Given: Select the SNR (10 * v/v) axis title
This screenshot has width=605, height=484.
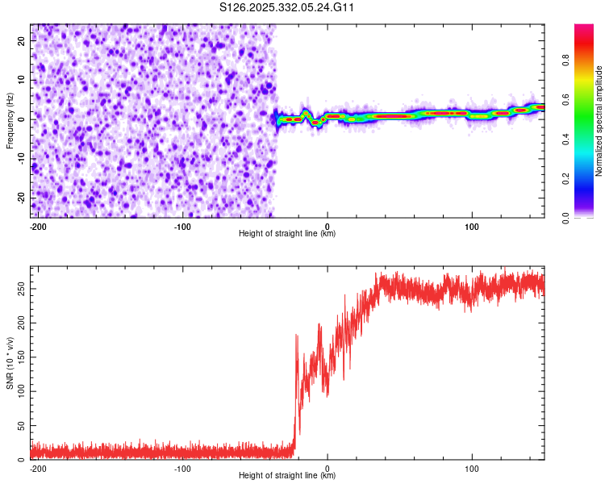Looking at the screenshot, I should tap(10, 363).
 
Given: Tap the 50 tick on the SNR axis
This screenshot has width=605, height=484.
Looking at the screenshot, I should tap(20, 425).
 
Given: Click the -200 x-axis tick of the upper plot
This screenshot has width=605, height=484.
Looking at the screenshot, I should tap(37, 226).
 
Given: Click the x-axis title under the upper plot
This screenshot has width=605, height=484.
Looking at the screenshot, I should tap(287, 234).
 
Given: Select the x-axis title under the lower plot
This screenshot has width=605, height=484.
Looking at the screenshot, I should tap(287, 476).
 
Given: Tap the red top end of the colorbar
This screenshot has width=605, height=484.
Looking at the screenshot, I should tap(584, 27).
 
